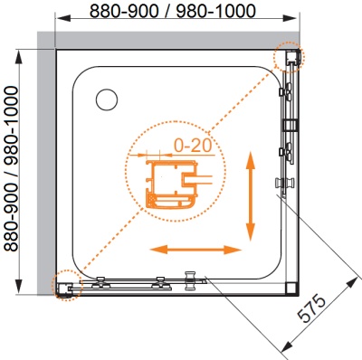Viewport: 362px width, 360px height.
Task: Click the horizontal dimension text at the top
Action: click(173, 11)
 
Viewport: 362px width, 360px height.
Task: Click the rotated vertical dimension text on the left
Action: click(12, 168)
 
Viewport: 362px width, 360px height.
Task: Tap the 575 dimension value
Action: click(312, 308)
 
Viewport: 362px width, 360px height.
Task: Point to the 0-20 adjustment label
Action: click(193, 146)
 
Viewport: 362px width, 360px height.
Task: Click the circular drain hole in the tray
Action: click(107, 99)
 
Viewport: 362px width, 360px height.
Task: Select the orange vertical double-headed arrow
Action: click(251, 196)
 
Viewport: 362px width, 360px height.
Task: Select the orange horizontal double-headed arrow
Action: click(195, 250)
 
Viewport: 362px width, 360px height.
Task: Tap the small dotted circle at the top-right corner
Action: click(290, 57)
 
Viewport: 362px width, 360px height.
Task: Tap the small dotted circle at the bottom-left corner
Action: click(67, 285)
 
